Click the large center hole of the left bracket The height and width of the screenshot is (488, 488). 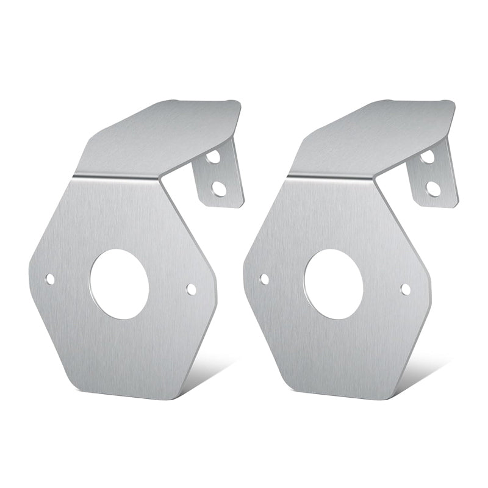point(120,284)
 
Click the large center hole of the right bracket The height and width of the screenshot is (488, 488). point(334,284)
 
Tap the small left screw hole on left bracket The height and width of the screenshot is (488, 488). point(50,279)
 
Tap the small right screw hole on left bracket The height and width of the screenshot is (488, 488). point(191,289)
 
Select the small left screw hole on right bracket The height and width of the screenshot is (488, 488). point(264,279)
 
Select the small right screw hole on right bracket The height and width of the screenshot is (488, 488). point(405,289)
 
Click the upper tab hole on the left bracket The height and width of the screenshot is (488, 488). point(213,156)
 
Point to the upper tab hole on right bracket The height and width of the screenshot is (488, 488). point(428,156)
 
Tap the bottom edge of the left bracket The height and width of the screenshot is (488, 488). point(128,395)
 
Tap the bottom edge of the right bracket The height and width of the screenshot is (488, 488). point(342,395)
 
